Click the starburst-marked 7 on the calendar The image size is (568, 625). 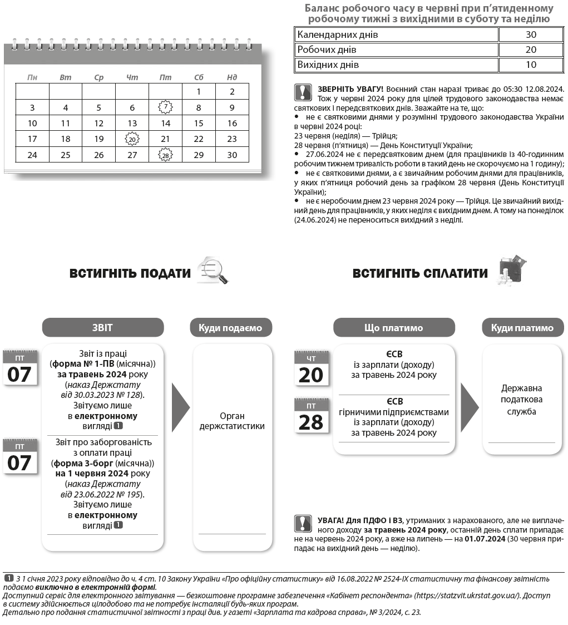click(165, 107)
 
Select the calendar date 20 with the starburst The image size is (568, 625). click(132, 139)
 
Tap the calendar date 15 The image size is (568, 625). click(199, 124)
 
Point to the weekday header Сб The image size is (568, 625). click(199, 77)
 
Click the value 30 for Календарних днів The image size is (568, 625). click(531, 35)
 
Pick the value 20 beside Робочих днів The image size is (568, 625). click(531, 50)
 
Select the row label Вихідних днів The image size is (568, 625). click(328, 65)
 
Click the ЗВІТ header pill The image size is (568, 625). click(103, 328)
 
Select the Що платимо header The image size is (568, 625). click(393, 328)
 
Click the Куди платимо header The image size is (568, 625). click(522, 328)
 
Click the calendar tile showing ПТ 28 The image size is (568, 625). click(311, 416)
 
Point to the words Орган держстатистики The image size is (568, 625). click(232, 421)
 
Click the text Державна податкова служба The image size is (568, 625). click(521, 400)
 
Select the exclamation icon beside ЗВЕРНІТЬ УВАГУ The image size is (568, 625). click(303, 92)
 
